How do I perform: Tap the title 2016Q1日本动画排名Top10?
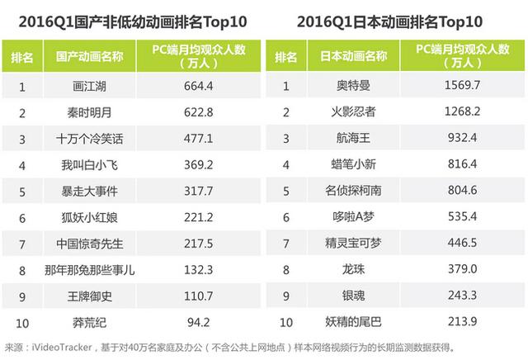(394, 18)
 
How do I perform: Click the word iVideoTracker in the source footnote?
(59, 347)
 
